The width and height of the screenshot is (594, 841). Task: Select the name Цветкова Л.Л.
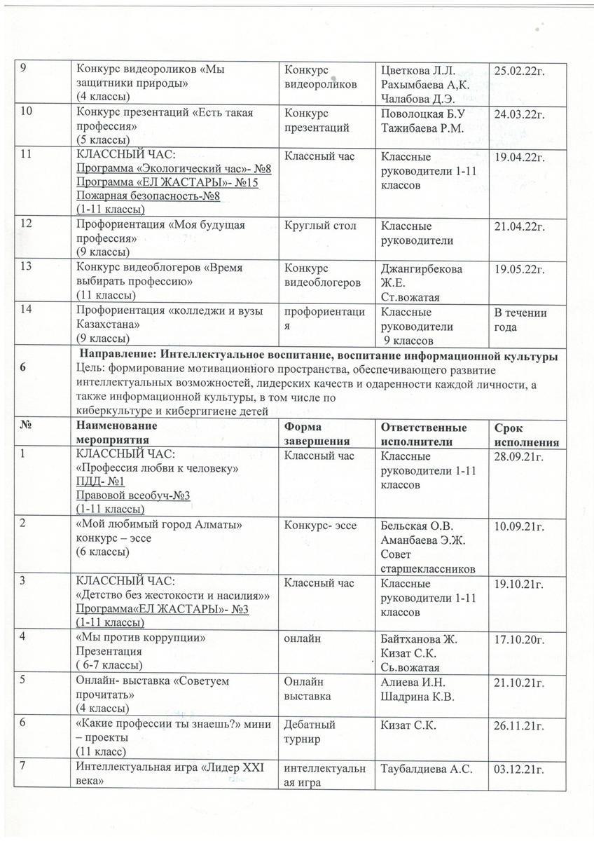[x=418, y=70]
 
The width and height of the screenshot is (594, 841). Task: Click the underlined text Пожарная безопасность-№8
[x=148, y=196]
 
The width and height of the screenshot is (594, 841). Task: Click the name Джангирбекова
[x=421, y=269]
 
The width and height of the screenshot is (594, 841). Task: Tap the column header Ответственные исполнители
[x=423, y=435]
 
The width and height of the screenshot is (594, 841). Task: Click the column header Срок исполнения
[x=526, y=435]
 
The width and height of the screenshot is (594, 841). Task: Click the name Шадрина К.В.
[x=417, y=696]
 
